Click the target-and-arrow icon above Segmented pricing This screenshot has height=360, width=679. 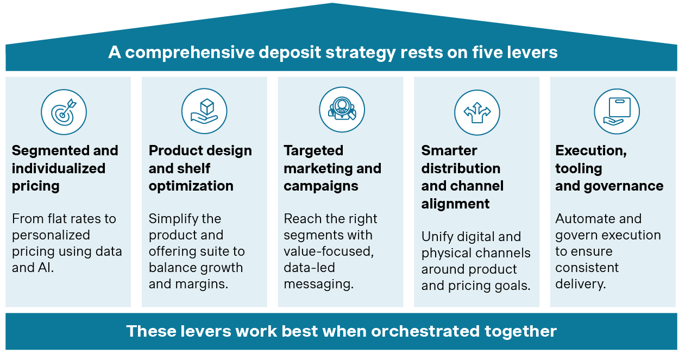64,112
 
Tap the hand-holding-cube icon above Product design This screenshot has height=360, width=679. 204,112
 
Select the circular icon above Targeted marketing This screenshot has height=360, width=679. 342,110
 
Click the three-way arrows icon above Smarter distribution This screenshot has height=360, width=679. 477,112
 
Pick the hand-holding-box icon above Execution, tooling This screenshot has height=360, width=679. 617,112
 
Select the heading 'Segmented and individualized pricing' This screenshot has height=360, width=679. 65,168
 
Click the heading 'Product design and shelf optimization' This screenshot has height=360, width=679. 200,168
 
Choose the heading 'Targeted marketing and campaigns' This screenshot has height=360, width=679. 332,168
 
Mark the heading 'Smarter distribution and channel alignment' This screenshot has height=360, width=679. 462,177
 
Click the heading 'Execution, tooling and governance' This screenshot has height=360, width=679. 609,168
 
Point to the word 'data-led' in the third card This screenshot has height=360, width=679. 309,268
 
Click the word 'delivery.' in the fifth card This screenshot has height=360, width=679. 580,284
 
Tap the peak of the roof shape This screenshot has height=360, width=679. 332,4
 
